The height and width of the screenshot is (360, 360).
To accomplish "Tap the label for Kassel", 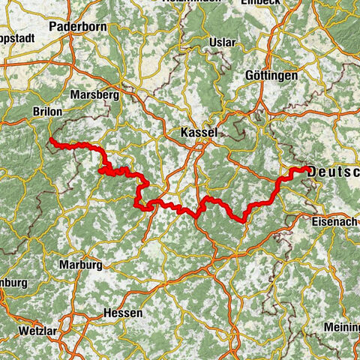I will (199, 133).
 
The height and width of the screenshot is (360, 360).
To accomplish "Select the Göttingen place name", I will (271, 76).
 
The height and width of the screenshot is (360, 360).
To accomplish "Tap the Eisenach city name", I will (334, 222).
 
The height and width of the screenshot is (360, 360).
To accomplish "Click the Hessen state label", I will (121, 313).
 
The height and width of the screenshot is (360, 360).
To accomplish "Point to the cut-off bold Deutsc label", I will (334, 172).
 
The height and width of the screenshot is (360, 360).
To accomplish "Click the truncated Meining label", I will (341, 328).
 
